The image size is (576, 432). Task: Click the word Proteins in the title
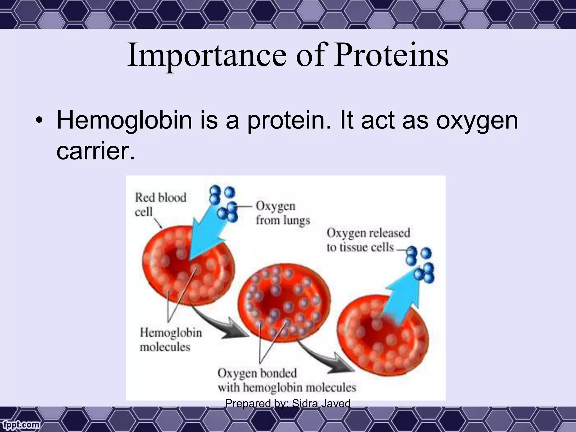coord(391,55)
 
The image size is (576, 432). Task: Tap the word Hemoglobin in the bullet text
coord(124,120)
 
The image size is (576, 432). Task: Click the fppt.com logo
coord(20,424)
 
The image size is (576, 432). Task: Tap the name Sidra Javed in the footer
coord(321,403)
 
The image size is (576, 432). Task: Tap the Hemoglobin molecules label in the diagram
coord(171,339)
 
